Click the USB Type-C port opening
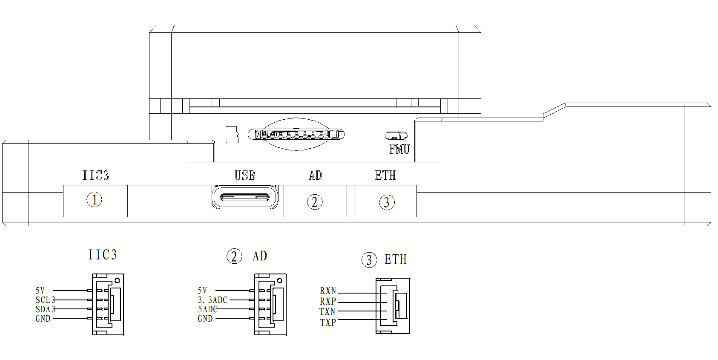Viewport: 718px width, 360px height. point(245,198)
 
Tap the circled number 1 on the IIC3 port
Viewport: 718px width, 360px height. point(94,199)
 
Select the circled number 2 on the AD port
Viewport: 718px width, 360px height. point(315,202)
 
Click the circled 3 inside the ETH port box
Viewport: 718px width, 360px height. point(387,202)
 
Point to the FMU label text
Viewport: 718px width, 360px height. point(399,149)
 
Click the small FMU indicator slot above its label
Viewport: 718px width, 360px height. point(396,135)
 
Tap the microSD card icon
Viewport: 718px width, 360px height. point(232,134)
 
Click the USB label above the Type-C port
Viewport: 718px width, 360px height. point(245,175)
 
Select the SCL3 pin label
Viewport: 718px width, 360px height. point(45,300)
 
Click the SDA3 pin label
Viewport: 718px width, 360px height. point(45,309)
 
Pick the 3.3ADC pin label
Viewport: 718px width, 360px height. point(213,300)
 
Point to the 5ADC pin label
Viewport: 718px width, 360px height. point(208,309)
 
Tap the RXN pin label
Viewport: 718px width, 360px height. point(328,291)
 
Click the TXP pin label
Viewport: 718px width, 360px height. point(328,323)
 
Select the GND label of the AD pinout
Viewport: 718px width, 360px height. point(205,319)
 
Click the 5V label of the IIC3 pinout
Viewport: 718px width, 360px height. point(40,291)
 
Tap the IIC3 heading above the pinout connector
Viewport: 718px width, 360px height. point(102,255)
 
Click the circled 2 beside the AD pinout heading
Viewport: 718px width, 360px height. point(234,256)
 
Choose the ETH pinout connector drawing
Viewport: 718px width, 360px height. point(393,306)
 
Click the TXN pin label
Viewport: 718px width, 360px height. point(327,311)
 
